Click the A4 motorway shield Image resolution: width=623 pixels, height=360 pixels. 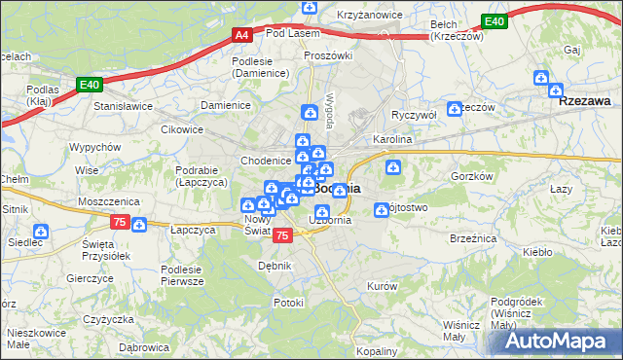(x=243, y=34)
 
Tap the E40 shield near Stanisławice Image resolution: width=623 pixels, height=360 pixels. (x=91, y=85)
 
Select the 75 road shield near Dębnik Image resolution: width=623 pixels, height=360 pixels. (x=282, y=235)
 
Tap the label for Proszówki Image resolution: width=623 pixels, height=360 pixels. (x=327, y=55)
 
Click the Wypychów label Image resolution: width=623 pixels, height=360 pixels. (x=94, y=147)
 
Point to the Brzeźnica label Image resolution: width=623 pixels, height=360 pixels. (x=475, y=237)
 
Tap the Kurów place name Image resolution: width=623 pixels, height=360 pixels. (x=382, y=286)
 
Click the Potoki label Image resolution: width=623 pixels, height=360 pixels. (x=289, y=303)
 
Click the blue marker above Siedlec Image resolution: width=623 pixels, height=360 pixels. (x=41, y=232)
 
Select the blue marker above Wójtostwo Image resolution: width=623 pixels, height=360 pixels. (x=383, y=209)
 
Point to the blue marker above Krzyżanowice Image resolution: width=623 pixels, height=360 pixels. (x=310, y=8)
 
